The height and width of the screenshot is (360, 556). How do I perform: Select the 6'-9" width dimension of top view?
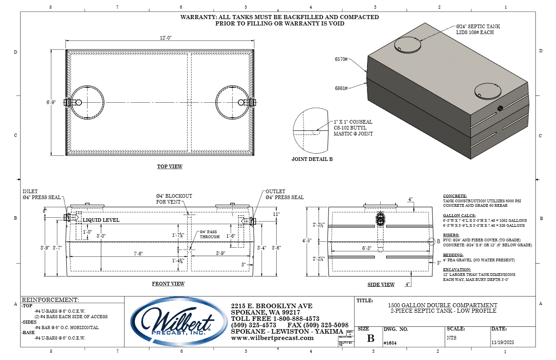pos(51,103)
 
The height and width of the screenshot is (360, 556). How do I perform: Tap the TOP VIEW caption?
pos(170,167)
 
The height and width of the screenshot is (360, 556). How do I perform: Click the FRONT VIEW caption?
pos(168,284)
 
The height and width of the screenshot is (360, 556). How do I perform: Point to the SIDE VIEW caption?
pos(381,285)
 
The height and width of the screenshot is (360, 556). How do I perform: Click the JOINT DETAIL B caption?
pos(312,160)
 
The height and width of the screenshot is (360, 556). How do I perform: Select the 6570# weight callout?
pos(341,60)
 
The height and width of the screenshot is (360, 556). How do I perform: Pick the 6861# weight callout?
pos(341,88)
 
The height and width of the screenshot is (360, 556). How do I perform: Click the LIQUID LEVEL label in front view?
pos(101,220)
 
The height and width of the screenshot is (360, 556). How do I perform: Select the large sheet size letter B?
pos(371,339)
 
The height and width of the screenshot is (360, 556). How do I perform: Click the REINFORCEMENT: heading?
pos(50,300)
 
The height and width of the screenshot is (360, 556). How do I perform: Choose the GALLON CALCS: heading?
pos(459,216)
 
